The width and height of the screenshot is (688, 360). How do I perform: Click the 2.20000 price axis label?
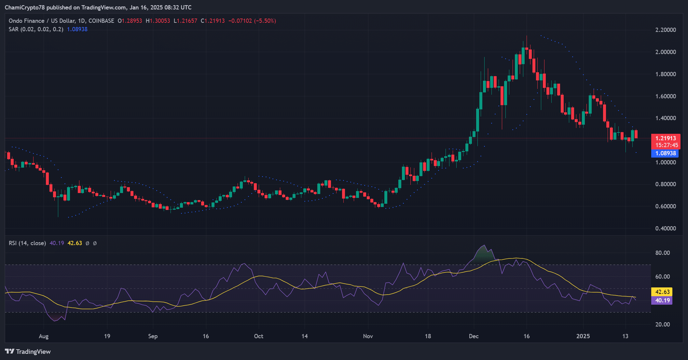coord(665,30)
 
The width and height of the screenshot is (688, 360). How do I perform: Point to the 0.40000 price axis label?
coord(665,228)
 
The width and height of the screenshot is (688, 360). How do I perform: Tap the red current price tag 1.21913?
coord(665,138)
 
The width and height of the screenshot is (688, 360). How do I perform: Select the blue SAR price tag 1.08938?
coord(665,153)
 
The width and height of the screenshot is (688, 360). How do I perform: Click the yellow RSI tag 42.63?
coord(662,292)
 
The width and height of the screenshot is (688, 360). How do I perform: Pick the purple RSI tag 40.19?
coord(662,300)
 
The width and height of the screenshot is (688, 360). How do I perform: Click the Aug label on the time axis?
coord(44,336)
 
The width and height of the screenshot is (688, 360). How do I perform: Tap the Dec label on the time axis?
coord(474,336)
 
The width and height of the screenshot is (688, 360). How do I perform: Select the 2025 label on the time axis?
coord(583,336)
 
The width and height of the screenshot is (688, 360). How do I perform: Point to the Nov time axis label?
coord(368,336)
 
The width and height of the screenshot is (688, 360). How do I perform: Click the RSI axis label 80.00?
coord(662,253)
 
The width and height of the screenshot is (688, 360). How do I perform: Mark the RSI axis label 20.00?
coord(662,325)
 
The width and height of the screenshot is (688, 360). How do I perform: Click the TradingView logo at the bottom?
coord(28,352)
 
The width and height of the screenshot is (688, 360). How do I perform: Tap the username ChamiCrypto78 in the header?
coord(25,7)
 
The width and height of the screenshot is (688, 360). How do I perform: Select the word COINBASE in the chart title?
coord(101,21)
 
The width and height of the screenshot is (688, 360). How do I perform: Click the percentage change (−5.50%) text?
coord(265,21)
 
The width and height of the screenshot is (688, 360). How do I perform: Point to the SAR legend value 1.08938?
coord(77,29)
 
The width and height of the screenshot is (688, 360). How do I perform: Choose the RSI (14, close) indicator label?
coord(27,243)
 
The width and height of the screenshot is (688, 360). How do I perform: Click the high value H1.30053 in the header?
coord(158,21)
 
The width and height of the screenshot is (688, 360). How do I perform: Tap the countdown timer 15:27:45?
coord(667,145)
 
